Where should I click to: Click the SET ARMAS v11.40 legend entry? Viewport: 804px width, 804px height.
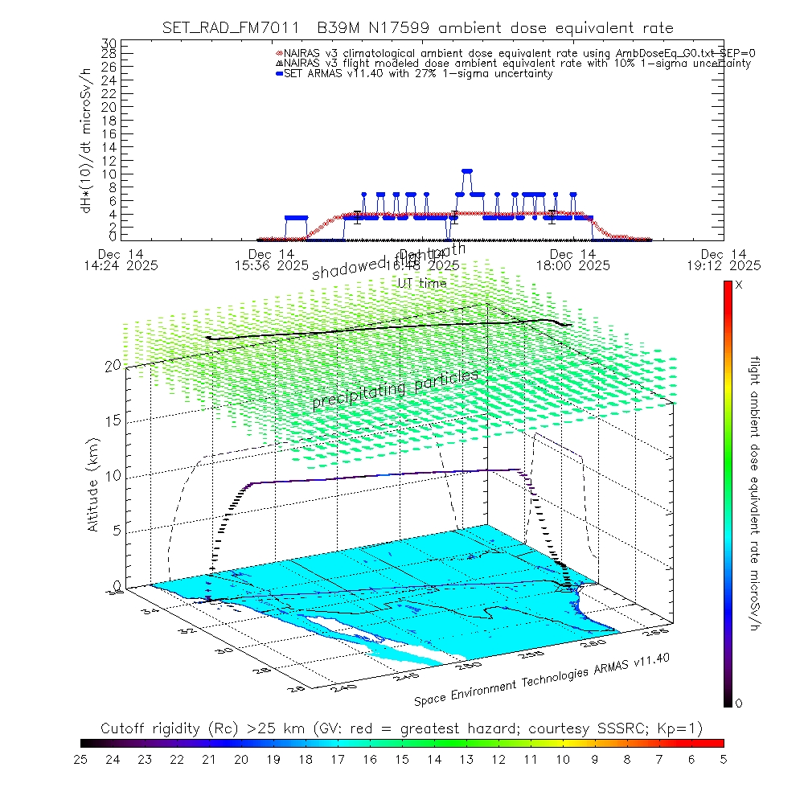(418, 74)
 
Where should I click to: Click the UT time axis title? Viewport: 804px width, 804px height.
(423, 283)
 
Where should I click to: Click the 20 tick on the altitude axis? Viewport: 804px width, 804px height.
(112, 366)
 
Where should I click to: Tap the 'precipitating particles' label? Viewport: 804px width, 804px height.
(395, 388)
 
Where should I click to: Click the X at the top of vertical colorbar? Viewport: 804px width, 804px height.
(739, 285)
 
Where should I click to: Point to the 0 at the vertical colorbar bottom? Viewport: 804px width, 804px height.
(739, 703)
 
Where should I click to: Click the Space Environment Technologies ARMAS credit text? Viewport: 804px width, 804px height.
(542, 680)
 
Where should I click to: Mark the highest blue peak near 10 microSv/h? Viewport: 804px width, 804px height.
(466, 170)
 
